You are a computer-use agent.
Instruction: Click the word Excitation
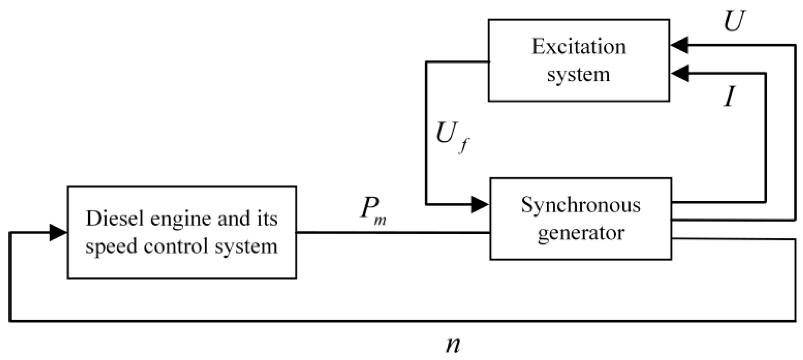pyautogui.click(x=578, y=47)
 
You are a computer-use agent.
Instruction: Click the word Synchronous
pyautogui.click(x=581, y=206)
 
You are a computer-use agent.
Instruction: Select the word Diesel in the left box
pyautogui.click(x=108, y=219)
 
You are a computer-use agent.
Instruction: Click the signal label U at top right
pyautogui.click(x=734, y=21)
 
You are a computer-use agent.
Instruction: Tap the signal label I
pyautogui.click(x=729, y=97)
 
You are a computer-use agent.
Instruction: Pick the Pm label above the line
pyautogui.click(x=372, y=210)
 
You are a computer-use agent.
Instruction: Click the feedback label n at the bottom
pyautogui.click(x=453, y=344)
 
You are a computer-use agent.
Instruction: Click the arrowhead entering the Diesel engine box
pyautogui.click(x=58, y=232)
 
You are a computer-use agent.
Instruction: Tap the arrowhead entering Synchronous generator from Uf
pyautogui.click(x=480, y=205)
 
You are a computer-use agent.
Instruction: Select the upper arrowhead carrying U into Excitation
pyautogui.click(x=680, y=45)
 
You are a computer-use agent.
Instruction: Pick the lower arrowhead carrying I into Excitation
pyautogui.click(x=680, y=73)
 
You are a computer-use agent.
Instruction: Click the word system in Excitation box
pyautogui.click(x=578, y=75)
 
